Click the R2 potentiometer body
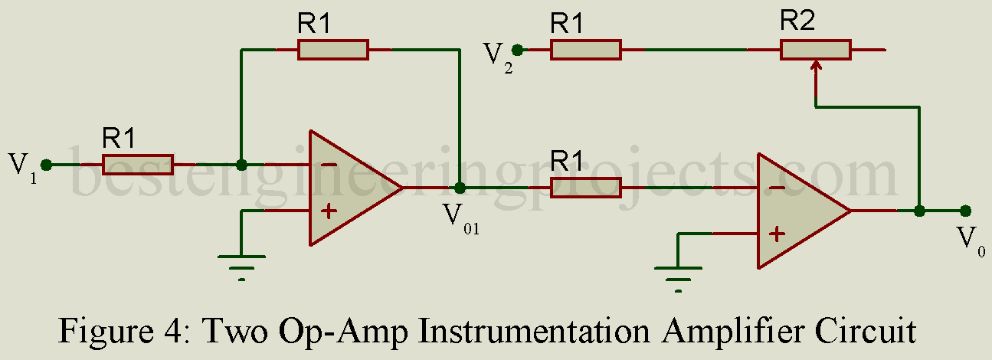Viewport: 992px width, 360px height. pos(815,51)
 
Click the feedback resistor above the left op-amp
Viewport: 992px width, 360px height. pos(333,51)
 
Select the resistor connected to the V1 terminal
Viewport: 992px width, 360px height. pos(138,165)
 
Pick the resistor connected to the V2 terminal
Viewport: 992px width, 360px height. pos(585,51)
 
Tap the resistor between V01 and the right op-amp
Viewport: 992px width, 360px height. pos(585,188)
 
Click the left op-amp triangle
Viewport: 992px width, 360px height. pos(349,188)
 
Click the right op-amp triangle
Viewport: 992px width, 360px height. pos(797,211)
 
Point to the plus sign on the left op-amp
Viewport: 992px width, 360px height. pos(328,211)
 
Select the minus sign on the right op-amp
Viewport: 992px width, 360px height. pos(776,188)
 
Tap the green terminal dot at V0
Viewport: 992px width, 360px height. pos(965,211)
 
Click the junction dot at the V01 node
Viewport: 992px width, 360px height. pos(460,188)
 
